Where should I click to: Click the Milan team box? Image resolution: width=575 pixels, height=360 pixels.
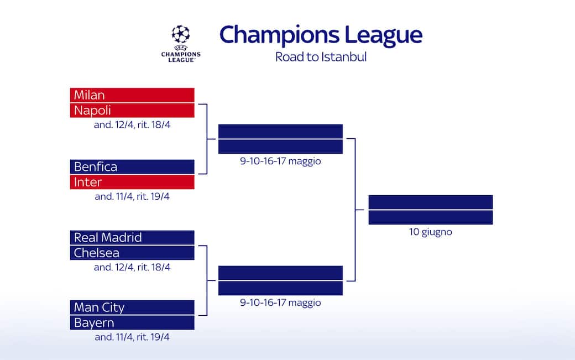point(132,95)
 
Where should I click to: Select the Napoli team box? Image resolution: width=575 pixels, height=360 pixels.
point(132,110)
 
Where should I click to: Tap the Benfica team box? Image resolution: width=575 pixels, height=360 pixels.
point(132,166)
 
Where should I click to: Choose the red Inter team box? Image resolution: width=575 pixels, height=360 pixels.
point(132,182)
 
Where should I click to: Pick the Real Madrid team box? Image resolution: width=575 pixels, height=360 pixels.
point(132,237)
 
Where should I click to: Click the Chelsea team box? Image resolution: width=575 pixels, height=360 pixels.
point(132,253)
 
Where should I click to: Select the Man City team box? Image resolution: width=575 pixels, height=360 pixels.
point(132,307)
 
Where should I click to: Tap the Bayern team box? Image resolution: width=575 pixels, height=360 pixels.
point(132,322)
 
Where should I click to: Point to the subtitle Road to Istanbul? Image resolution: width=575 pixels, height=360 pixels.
point(321,57)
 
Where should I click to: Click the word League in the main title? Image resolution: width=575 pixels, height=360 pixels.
point(384,35)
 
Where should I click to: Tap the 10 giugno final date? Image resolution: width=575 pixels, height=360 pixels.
point(430,232)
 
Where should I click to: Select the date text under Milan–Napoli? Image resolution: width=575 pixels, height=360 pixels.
point(132,125)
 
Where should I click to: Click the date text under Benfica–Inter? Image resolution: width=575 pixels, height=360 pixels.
point(132,196)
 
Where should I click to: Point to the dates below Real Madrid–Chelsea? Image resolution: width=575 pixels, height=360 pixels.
point(132,268)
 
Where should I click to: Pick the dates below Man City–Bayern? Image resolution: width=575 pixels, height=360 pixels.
point(132,337)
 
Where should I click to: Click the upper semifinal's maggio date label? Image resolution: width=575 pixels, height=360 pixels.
point(280,161)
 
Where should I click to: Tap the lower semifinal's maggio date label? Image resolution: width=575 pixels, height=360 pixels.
point(280,303)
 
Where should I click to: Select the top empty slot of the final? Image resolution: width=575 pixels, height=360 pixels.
point(430,202)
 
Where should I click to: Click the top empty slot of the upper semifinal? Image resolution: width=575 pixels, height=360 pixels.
point(280,131)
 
